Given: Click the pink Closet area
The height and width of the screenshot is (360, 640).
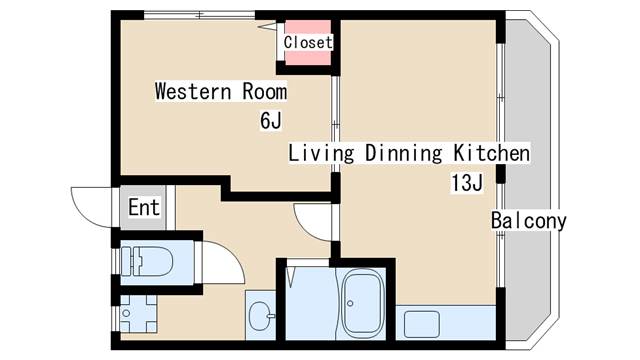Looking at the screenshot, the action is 308,42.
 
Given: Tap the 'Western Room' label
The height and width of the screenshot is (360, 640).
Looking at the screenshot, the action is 221,91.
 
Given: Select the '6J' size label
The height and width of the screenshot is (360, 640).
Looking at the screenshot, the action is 271,120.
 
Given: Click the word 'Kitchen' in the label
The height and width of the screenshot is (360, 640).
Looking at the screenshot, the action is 492,153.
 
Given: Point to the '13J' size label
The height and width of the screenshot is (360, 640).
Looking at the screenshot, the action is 467,182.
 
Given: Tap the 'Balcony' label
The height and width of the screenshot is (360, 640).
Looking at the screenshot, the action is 529,221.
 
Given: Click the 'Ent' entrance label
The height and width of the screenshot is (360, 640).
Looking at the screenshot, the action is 144,207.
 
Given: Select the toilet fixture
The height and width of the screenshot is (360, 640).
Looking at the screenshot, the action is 147,261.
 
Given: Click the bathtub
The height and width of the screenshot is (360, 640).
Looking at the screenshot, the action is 363,302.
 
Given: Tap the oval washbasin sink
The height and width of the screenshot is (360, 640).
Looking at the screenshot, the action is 260,316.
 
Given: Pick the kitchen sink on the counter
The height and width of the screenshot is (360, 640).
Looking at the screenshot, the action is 422,324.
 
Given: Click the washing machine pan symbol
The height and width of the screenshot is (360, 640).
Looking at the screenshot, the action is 138,313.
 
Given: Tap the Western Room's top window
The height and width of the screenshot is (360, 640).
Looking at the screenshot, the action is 199,16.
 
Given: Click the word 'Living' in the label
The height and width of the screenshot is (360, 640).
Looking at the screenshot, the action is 321,154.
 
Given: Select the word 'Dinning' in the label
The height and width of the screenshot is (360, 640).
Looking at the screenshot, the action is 403,154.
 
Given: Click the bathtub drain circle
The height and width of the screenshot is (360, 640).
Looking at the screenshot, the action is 350,303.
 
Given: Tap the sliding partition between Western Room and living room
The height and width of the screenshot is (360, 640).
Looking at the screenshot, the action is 335,124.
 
